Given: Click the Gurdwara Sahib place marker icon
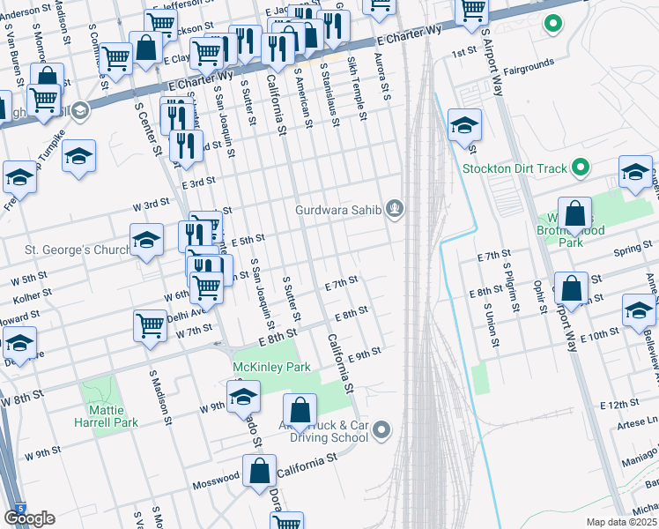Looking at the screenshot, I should (396, 209).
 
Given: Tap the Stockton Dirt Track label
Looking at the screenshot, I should (516, 167).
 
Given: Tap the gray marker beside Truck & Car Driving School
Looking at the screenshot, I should (381, 430).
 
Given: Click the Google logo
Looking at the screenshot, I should (29, 518).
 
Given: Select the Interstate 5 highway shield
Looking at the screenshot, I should (19, 509).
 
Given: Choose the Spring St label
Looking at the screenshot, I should (633, 250).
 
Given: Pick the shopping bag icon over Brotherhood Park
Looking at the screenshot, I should (574, 214).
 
